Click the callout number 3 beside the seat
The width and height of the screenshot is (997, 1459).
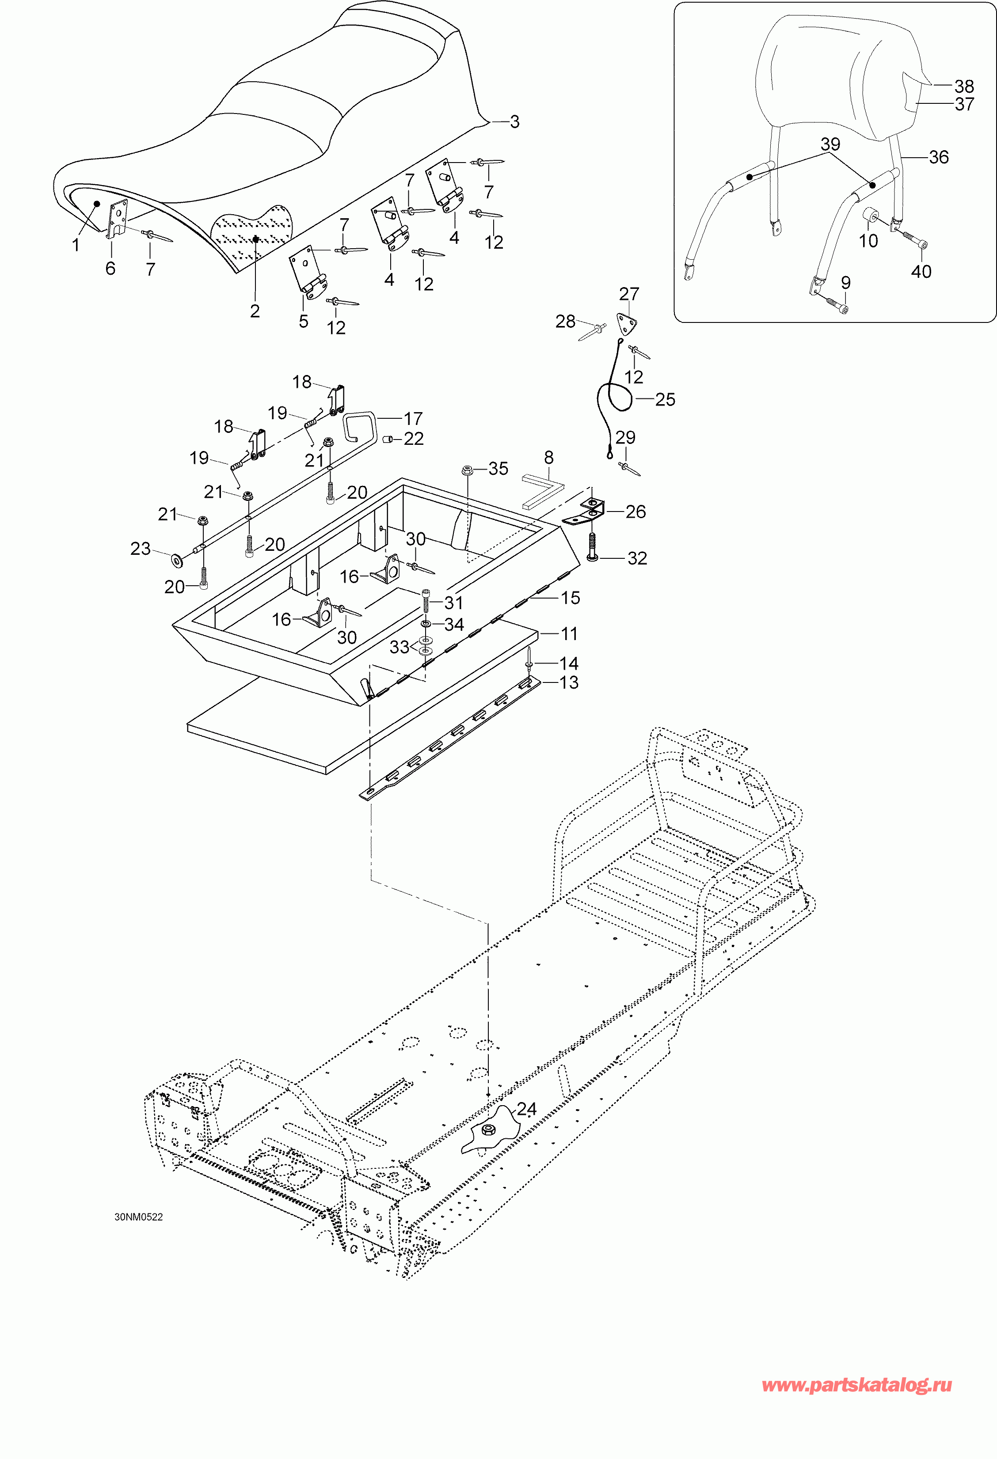click(x=514, y=122)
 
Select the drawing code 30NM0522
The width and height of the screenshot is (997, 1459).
click(x=139, y=1216)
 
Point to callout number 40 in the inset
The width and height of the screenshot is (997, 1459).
click(x=921, y=272)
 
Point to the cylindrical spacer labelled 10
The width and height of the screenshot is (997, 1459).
click(x=870, y=216)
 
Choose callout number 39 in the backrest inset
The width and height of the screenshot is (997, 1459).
click(x=830, y=144)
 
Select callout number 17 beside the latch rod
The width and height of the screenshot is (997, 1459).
click(x=413, y=418)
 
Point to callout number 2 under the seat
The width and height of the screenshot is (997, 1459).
click(x=255, y=311)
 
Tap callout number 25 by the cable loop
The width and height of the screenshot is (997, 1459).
click(x=665, y=399)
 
